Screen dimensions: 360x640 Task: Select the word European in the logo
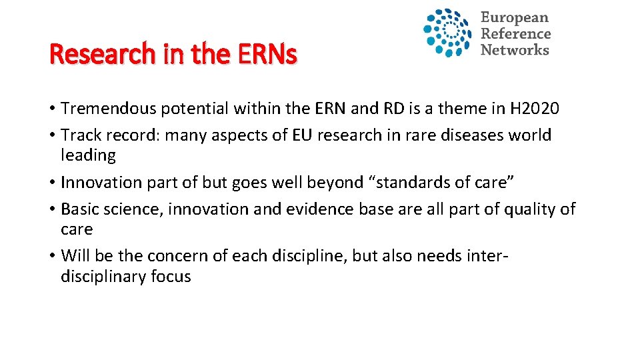pos(515,18)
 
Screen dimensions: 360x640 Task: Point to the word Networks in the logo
pos(515,50)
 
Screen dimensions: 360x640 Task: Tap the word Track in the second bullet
pos(79,135)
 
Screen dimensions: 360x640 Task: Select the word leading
pos(88,155)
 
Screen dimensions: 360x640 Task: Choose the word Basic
pos(79,209)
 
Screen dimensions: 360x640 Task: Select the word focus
pos(171,277)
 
